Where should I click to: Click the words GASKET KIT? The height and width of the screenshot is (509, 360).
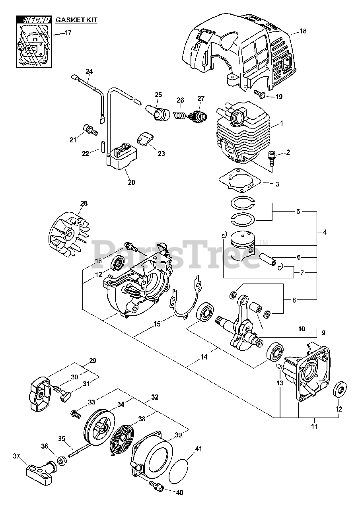click(76, 19)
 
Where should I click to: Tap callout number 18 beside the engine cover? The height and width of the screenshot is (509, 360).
click(303, 31)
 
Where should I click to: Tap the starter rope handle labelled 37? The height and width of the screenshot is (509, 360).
click(40, 473)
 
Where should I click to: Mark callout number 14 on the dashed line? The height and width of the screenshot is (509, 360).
click(204, 357)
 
